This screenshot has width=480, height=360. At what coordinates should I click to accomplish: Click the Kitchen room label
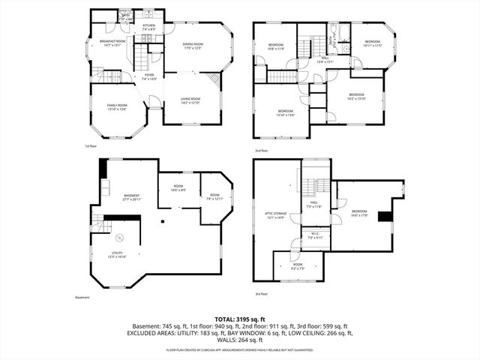tap(148, 28)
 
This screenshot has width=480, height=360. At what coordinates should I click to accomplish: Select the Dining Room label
tap(193, 46)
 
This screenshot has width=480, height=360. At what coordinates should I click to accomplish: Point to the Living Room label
tap(190, 100)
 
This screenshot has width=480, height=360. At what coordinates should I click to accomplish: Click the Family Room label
tap(117, 106)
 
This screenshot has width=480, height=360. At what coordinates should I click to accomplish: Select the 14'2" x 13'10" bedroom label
tap(356, 96)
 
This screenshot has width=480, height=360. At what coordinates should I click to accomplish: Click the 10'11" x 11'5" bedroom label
tap(373, 43)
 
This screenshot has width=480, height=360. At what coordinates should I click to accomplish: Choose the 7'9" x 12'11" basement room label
tap(214, 197)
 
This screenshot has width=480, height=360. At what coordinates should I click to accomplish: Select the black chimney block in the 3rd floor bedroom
tap(385, 217)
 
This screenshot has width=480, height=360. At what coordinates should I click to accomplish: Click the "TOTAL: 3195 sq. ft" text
tap(240, 318)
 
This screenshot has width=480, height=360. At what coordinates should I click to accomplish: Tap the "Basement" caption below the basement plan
tap(82, 298)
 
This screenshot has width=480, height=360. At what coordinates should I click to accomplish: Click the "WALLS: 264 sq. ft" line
tap(240, 340)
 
